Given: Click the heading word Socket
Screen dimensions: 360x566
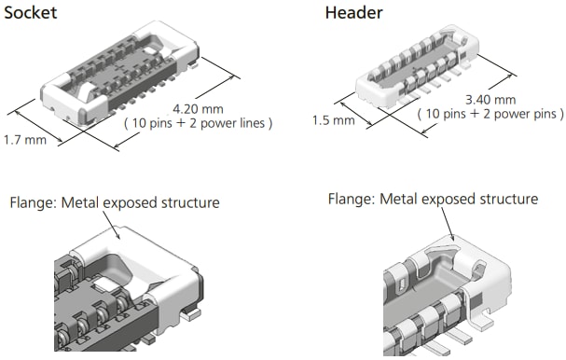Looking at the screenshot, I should [31, 12].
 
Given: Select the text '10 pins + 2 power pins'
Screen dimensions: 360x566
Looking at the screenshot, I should [490, 114].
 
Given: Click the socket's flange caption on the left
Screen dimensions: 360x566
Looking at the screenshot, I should [113, 202].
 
